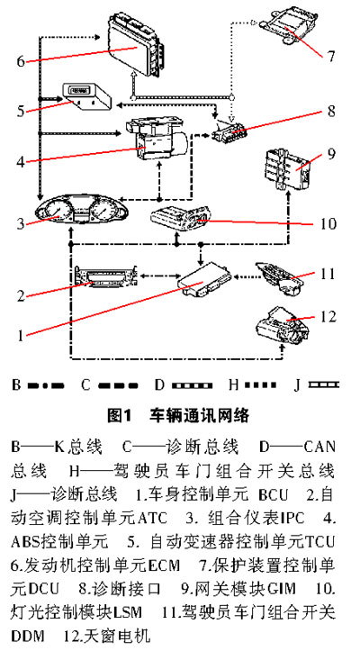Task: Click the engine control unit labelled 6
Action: coord(136,45)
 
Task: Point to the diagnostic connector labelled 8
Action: coord(231,131)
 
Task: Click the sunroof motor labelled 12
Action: coord(283,325)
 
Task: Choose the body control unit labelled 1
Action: coord(203,280)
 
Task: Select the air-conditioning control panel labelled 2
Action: coord(106,276)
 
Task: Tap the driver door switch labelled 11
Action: coord(279,277)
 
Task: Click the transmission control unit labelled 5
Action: coord(87,96)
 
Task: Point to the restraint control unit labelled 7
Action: coord(290,26)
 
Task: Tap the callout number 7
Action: coord(329,56)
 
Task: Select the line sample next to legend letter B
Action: coord(46,386)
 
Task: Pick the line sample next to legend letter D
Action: coord(191,386)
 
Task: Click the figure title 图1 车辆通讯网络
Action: coord(178,415)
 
